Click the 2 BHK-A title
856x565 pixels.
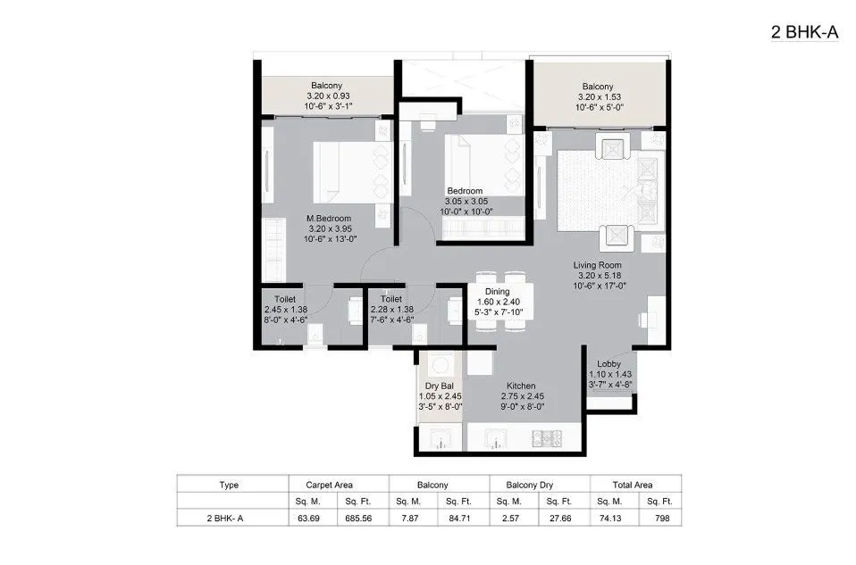(805, 33)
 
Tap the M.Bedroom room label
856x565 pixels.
(328, 219)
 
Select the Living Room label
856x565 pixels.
(599, 265)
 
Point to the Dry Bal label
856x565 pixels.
(438, 386)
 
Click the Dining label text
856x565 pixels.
(497, 292)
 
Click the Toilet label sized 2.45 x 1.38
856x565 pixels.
(285, 300)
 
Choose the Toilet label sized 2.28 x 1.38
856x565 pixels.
(390, 300)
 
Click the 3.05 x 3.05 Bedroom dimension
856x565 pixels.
(466, 202)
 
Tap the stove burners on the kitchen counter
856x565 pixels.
(544, 438)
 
